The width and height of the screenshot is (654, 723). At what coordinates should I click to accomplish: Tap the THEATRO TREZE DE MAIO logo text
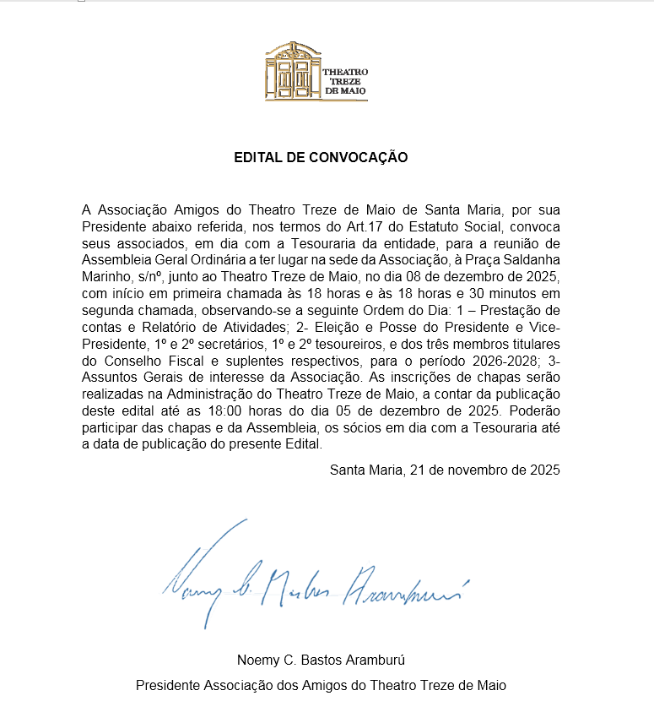[345, 80]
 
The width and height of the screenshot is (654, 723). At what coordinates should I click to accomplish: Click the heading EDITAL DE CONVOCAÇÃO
[321, 157]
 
